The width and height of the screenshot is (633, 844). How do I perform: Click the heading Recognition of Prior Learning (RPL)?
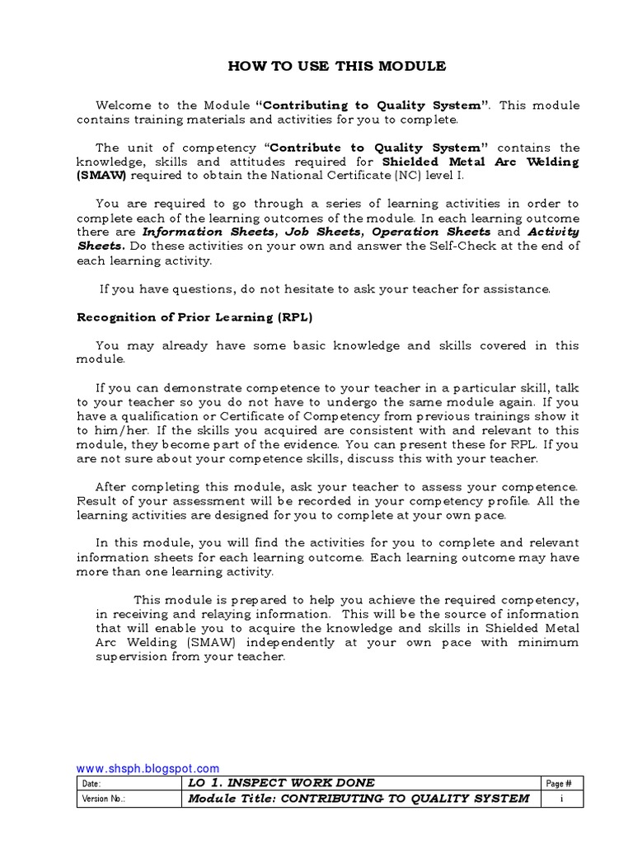pos(195,317)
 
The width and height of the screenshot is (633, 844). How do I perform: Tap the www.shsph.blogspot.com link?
pos(148,768)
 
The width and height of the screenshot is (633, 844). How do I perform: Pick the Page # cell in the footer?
pos(560,783)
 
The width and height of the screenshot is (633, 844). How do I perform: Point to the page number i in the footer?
pos(560,799)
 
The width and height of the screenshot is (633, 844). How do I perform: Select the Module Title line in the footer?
pos(359,799)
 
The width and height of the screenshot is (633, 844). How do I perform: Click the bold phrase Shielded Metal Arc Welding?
pos(481,162)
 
